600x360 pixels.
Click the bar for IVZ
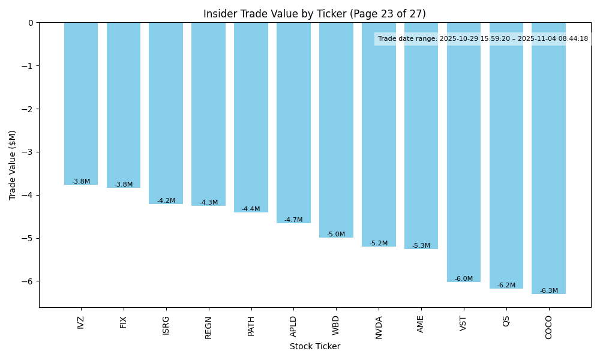pos(81,103)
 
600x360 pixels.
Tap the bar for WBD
pos(336,130)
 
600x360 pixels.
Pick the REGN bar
pos(208,114)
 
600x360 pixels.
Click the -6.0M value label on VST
pos(463,279)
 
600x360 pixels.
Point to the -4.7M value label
pos(293,220)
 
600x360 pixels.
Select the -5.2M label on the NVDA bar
pos(379,244)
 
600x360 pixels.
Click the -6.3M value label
pos(548,291)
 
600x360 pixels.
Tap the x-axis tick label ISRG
pos(166,325)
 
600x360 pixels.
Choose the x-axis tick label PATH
pos(251,326)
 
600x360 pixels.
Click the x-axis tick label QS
pos(506,322)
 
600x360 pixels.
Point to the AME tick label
pos(421,323)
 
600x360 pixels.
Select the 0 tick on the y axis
pos(31,23)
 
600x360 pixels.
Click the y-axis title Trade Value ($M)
pos(13,165)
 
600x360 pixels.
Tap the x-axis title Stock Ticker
pos(315,347)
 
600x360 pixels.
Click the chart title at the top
pos(314,14)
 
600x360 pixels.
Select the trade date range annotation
pos(483,39)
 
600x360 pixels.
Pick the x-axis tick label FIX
pos(124,322)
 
